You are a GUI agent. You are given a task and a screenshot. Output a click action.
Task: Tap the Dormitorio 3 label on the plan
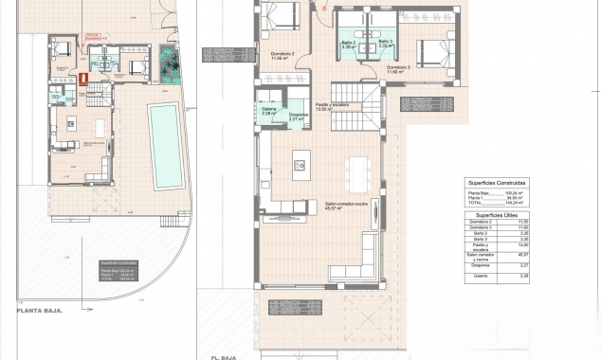397,67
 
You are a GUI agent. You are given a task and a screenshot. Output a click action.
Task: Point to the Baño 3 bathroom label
385,42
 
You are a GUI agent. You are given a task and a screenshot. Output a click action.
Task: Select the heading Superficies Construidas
497,182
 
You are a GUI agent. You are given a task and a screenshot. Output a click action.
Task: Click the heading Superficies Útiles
497,215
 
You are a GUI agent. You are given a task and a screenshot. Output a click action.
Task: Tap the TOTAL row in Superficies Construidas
476,203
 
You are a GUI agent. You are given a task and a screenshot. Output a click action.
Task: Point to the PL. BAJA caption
230,357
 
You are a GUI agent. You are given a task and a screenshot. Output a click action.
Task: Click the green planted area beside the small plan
170,65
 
